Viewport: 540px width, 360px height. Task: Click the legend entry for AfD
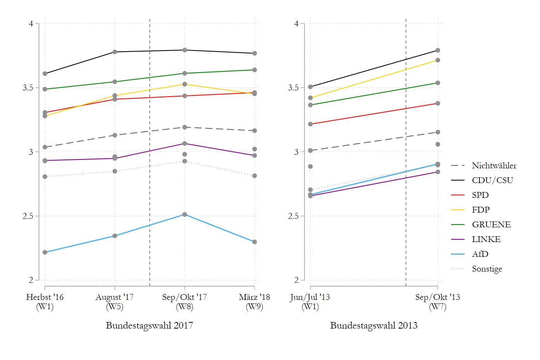480,254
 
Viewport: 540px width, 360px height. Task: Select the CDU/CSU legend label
492,180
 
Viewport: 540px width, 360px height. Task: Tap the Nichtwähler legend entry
494,166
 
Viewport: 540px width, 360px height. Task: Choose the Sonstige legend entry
487,269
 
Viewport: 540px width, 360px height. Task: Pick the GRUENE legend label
491,225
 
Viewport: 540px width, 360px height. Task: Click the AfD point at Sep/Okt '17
185,215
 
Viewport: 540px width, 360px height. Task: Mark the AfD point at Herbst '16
45,253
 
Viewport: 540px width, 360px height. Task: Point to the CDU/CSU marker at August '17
115,52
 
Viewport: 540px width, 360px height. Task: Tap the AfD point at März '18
254,242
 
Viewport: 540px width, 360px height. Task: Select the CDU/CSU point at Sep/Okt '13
438,50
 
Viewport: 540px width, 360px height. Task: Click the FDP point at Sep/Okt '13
438,60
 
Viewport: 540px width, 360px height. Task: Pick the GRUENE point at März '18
254,70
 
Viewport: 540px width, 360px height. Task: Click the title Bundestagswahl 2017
149,325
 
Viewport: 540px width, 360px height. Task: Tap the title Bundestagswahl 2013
374,325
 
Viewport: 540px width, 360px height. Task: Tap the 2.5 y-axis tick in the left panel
29,216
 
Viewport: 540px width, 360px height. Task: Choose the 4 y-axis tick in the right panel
296,24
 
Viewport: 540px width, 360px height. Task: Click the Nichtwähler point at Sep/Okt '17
185,127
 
